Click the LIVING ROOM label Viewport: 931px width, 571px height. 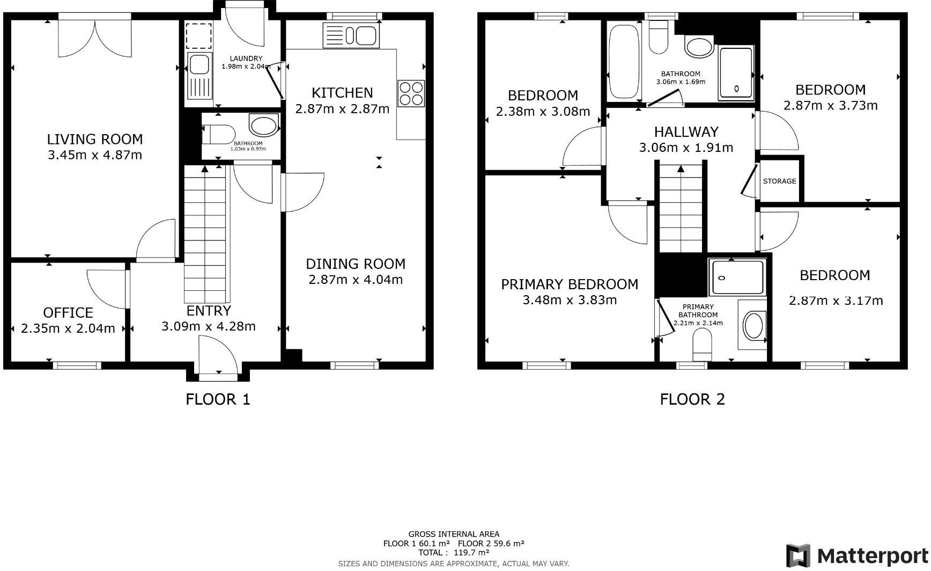(x=95, y=140)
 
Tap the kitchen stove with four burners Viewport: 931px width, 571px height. (x=411, y=93)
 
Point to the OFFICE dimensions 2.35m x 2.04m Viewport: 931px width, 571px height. (x=68, y=328)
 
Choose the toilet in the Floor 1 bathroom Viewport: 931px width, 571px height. (x=220, y=134)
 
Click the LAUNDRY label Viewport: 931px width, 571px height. (x=246, y=58)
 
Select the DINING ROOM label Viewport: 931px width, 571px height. (x=356, y=264)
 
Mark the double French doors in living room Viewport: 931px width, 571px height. (x=95, y=39)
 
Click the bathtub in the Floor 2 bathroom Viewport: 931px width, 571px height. (x=624, y=60)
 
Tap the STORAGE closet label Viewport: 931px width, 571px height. (x=779, y=181)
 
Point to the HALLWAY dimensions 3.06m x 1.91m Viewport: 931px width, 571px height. (x=686, y=148)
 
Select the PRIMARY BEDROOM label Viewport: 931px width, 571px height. (x=570, y=284)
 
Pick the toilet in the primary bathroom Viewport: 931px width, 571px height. (x=702, y=345)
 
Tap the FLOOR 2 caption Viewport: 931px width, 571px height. (x=692, y=399)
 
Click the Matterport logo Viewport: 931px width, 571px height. (x=857, y=555)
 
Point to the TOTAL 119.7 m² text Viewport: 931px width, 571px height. (x=454, y=552)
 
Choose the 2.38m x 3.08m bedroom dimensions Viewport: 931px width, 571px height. (x=543, y=112)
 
